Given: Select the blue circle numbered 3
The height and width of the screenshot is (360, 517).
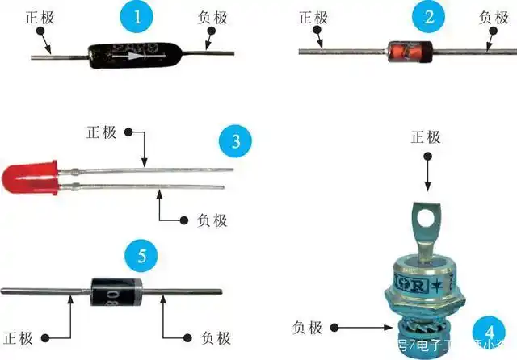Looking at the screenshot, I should click(235, 142).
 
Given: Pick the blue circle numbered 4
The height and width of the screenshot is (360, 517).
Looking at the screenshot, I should click(487, 331).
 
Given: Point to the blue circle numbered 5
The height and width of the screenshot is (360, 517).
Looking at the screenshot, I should click(141, 257).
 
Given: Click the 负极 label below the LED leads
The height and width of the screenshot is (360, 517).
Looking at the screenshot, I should click(212, 219).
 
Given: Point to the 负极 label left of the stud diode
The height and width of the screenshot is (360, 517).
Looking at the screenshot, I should click(307, 327).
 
